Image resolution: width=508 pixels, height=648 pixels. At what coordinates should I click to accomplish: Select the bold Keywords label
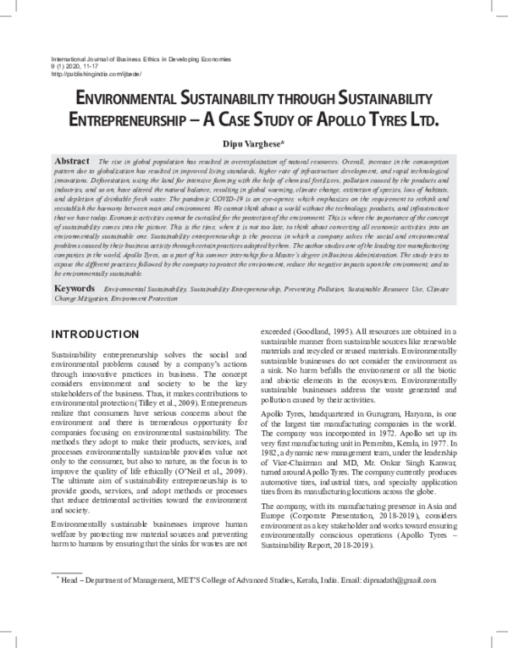(75, 288)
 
